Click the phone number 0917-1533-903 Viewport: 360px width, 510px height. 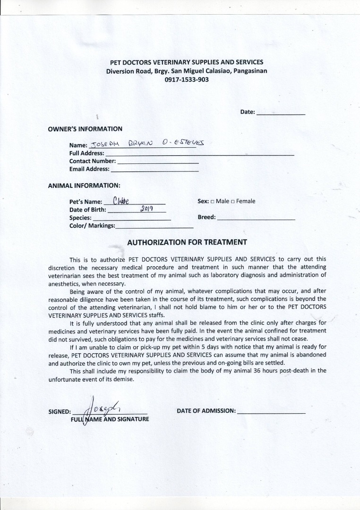click(x=187, y=80)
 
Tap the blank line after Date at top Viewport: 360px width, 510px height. click(x=281, y=113)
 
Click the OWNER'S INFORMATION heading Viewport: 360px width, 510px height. click(x=85, y=129)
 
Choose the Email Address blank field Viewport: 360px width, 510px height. click(x=154, y=170)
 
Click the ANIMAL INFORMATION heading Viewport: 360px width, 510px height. click(x=84, y=186)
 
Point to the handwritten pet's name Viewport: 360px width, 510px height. click(x=121, y=201)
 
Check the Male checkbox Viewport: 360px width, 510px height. click(x=213, y=202)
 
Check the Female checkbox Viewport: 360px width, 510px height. click(x=233, y=202)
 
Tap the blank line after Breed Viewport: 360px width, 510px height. click(x=256, y=219)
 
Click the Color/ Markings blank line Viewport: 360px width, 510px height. click(x=154, y=227)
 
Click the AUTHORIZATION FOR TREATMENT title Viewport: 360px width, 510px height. click(x=187, y=242)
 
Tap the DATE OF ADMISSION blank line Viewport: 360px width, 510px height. click(x=271, y=412)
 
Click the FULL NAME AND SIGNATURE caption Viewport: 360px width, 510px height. click(x=110, y=419)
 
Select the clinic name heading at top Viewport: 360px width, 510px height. click(x=187, y=62)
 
